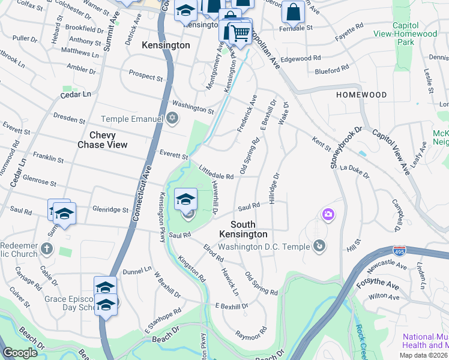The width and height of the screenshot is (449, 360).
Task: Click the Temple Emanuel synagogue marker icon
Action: pyautogui.click(x=173, y=116)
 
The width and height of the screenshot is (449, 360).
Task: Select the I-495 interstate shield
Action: pyautogui.click(x=399, y=250)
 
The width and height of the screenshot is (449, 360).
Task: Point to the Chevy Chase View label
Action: pyautogui.click(x=103, y=140)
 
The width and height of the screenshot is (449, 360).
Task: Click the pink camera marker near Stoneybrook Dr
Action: pyautogui.click(x=328, y=214)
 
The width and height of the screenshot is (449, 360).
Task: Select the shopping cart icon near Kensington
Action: pyautogui.click(x=240, y=33)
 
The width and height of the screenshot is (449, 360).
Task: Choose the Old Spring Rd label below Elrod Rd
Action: pyautogui.click(x=261, y=284)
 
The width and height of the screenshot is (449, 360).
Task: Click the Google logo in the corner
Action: pyautogui.click(x=20, y=352)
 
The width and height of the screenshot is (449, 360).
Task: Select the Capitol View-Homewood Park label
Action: pyautogui.click(x=414, y=34)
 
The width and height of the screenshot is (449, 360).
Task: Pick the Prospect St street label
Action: pyautogui.click(x=146, y=76)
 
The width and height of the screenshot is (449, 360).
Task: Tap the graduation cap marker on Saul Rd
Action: pyautogui.click(x=186, y=199)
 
